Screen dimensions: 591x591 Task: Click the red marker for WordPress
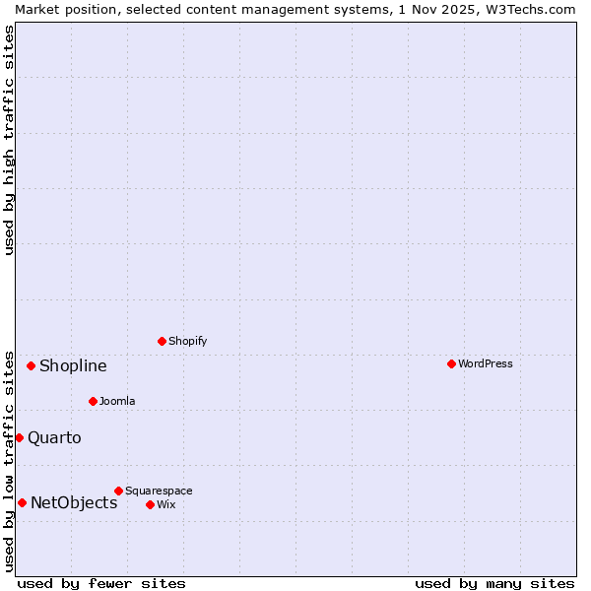[x=451, y=363]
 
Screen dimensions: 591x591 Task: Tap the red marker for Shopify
[x=162, y=341]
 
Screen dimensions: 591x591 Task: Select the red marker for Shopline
[x=31, y=365]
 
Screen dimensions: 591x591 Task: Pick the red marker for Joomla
[x=93, y=401]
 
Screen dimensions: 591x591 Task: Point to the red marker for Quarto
[x=19, y=437]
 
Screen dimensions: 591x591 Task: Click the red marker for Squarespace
[x=118, y=491]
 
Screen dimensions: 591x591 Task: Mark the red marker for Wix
[x=150, y=504]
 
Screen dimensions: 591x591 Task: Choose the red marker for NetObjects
[x=22, y=502]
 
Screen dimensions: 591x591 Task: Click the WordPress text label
[x=485, y=363]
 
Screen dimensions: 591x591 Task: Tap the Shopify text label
[x=187, y=341]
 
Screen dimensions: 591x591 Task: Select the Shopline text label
[x=73, y=365]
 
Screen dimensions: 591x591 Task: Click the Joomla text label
[x=117, y=401]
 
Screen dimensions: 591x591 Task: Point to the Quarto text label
[x=54, y=437]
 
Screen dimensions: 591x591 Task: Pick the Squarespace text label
[x=159, y=491]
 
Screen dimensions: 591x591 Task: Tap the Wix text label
[x=165, y=504]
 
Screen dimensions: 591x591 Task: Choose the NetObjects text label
[x=74, y=502]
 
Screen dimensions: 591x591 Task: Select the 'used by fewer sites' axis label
[x=101, y=583]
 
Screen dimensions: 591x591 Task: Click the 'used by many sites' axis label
[x=494, y=583]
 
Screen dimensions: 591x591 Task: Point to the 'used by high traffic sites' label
[x=9, y=140]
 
